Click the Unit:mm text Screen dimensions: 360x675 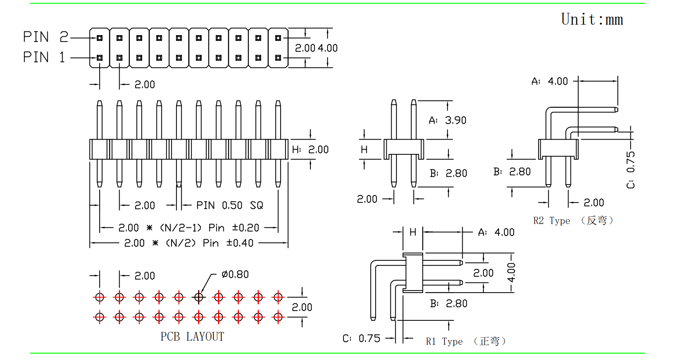(592, 20)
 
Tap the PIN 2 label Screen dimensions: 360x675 (45, 37)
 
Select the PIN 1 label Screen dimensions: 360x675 (44, 57)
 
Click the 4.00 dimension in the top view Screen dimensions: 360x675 (327, 48)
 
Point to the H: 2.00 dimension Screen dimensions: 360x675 (310, 150)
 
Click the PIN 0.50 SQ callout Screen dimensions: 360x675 (229, 205)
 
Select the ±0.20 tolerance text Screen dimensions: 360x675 (245, 228)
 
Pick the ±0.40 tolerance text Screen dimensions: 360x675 (240, 243)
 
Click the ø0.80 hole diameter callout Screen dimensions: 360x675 (235, 275)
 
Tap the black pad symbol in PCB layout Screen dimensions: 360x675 (199, 297)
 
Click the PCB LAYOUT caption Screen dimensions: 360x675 (192, 337)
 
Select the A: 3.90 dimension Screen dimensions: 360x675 (448, 120)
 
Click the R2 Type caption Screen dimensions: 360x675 (573, 221)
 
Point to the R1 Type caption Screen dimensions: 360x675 (466, 341)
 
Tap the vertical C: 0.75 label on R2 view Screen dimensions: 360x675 (631, 169)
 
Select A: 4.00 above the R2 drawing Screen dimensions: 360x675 (550, 82)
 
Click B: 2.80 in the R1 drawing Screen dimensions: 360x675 (448, 304)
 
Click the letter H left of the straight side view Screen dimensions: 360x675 (364, 150)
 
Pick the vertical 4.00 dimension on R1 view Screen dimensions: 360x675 (511, 272)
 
